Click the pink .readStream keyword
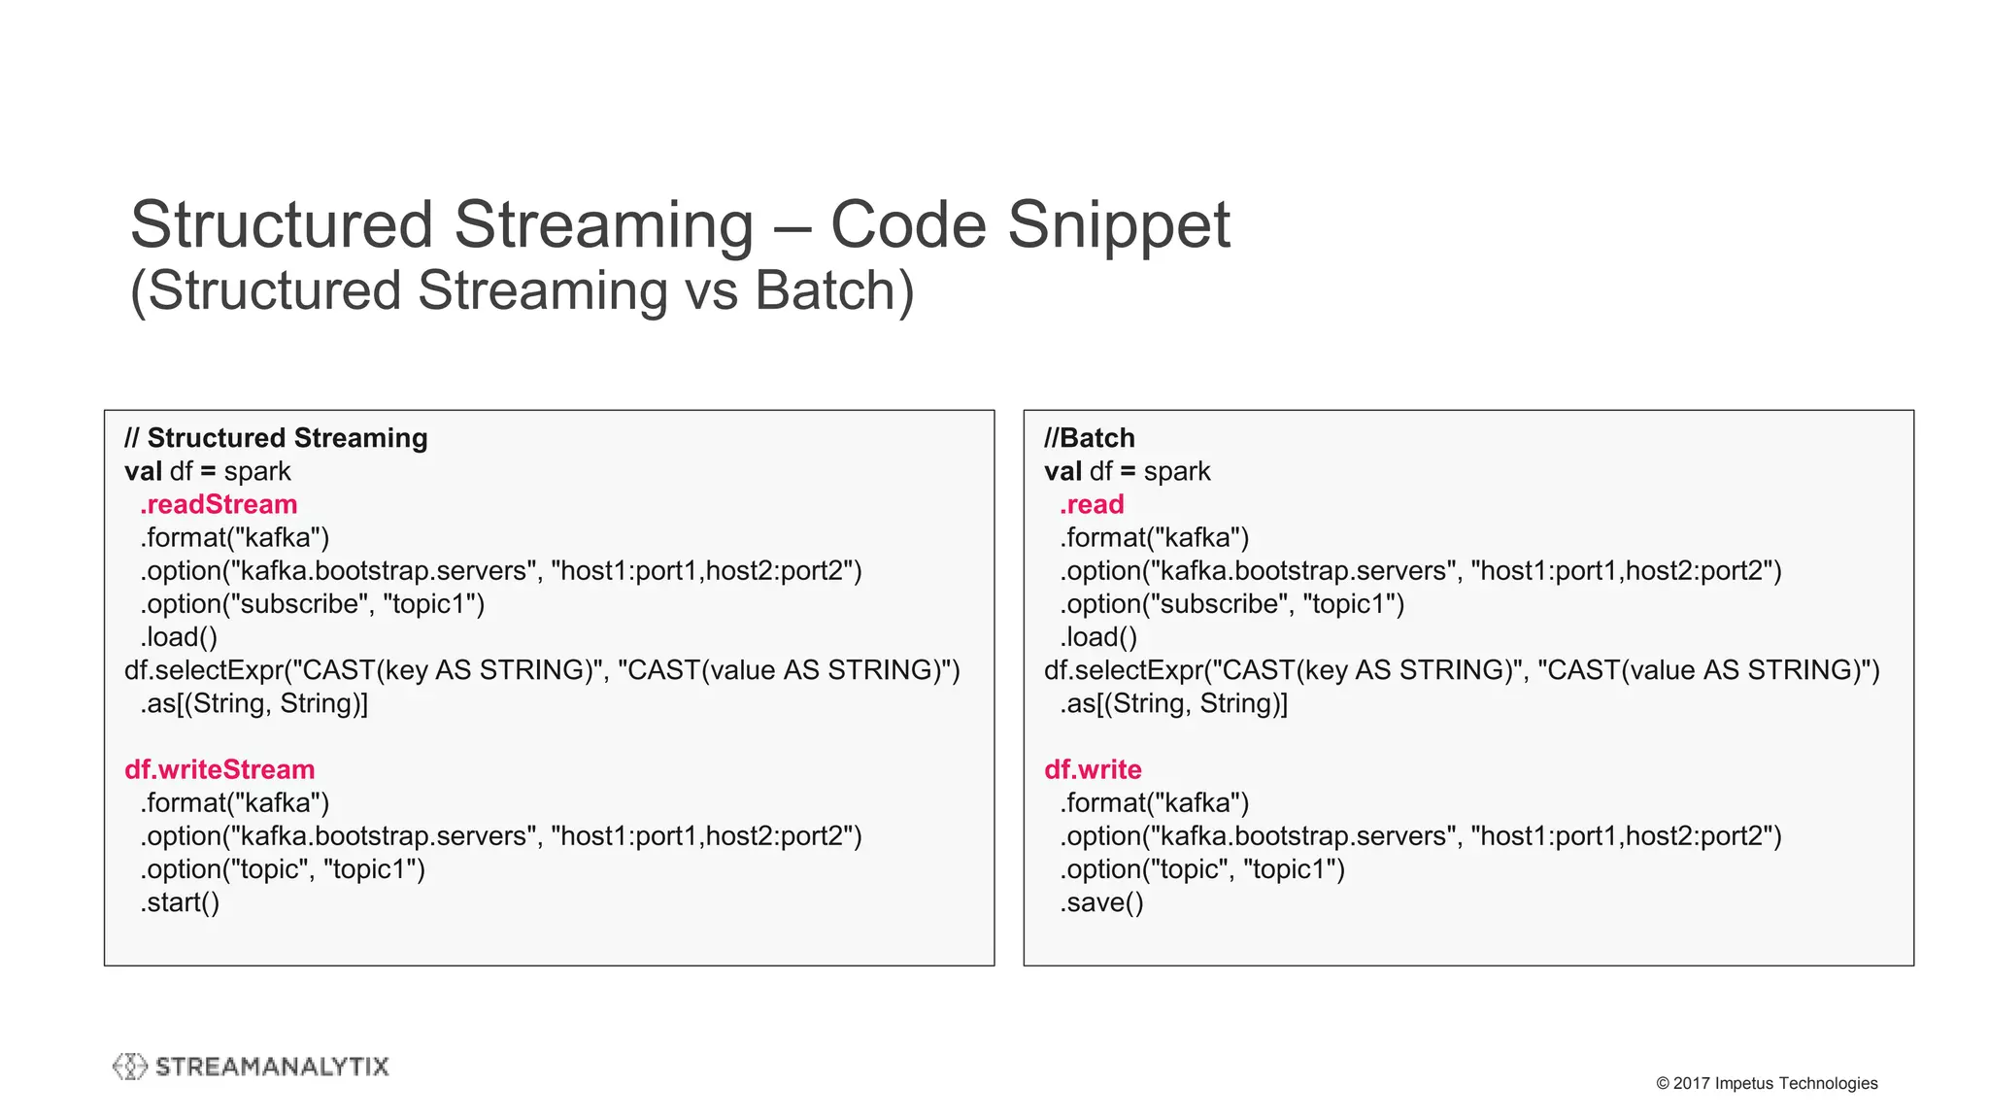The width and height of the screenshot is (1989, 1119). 219,504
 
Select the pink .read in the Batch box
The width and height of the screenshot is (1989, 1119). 1092,504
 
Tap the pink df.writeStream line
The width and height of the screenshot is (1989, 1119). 219,769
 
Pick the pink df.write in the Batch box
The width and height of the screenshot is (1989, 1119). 1093,769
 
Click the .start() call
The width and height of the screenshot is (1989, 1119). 180,902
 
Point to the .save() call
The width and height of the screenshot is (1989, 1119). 1101,902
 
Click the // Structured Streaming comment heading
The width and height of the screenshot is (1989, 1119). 276,438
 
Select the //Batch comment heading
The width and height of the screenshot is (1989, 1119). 1089,438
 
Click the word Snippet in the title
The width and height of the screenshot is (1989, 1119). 1118,225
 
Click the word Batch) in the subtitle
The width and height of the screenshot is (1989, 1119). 834,290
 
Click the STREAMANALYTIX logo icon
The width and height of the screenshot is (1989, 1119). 130,1067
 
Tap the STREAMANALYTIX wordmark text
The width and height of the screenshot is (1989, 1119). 272,1067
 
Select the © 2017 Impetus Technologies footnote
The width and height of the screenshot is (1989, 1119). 1767,1083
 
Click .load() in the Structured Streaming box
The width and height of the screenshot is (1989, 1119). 179,637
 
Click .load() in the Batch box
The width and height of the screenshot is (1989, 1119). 1098,637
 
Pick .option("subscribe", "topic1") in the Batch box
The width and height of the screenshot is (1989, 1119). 1231,604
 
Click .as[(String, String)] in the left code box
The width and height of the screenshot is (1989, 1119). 253,703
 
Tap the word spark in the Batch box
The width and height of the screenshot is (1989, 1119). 1177,471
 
